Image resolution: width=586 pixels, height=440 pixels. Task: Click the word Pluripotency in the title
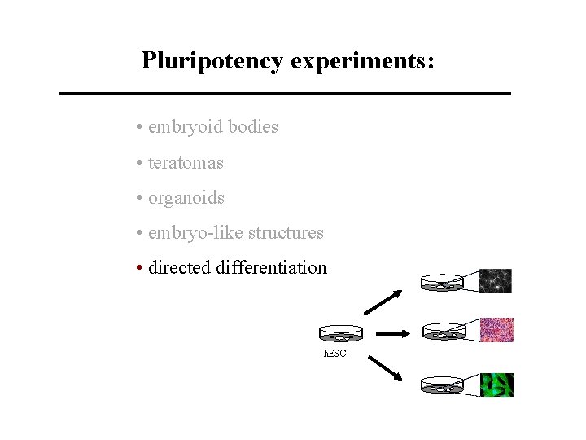click(x=212, y=61)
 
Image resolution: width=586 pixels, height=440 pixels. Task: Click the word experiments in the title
click(x=359, y=61)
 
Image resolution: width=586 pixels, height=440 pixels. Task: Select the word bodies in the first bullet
click(x=253, y=127)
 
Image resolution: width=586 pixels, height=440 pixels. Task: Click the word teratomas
click(x=186, y=163)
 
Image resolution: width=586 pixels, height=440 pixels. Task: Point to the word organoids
click(x=186, y=198)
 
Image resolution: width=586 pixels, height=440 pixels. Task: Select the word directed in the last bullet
click(x=180, y=268)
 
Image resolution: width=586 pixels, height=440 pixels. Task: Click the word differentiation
click(x=271, y=268)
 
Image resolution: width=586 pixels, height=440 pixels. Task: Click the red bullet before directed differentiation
click(x=141, y=268)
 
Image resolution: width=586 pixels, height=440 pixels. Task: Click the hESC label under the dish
click(x=335, y=354)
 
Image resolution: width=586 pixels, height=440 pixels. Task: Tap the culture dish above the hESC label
click(x=340, y=333)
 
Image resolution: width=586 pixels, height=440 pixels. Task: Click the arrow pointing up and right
click(x=383, y=302)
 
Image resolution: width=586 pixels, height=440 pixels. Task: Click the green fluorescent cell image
click(x=496, y=385)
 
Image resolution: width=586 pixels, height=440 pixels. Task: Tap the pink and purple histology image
click(x=496, y=329)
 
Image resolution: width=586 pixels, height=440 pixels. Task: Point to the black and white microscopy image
click(x=496, y=281)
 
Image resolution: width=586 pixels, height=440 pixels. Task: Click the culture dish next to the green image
click(x=442, y=386)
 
